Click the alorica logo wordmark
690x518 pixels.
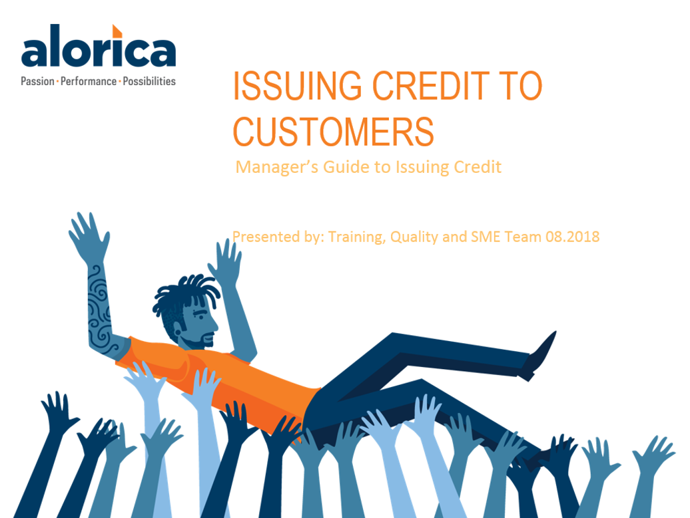pyautogui.click(x=99, y=46)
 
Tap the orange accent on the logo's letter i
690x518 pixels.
pyautogui.click(x=117, y=31)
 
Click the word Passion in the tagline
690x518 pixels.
pyautogui.click(x=37, y=81)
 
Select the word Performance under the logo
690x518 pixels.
pyautogui.click(x=89, y=81)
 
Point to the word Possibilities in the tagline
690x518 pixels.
pyautogui.click(x=149, y=81)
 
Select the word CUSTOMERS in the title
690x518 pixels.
pyautogui.click(x=334, y=132)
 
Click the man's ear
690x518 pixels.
pyautogui.click(x=178, y=330)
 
